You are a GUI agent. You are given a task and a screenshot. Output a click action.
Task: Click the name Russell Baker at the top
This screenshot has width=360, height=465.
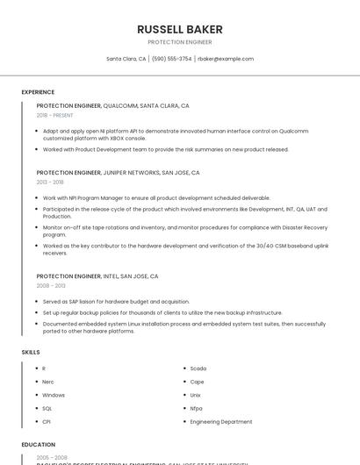179,30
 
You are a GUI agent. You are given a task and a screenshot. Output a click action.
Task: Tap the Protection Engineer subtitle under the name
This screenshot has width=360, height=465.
179,42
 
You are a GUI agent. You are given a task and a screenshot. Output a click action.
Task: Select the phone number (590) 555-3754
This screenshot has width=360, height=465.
171,59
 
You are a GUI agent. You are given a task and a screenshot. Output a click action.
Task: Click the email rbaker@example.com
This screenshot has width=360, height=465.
226,59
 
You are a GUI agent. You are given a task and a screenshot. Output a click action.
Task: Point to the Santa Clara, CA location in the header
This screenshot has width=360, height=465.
126,59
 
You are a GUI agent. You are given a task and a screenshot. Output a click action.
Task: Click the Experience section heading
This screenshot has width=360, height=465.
38,92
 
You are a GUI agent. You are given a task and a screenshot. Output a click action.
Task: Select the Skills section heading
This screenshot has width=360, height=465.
31,352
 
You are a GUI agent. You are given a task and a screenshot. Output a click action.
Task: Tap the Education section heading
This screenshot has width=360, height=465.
39,445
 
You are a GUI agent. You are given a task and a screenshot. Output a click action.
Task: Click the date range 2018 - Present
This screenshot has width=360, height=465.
54,115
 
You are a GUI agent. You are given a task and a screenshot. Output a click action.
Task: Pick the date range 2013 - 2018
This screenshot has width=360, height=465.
50,182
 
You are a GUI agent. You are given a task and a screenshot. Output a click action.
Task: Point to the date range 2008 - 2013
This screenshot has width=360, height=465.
51,285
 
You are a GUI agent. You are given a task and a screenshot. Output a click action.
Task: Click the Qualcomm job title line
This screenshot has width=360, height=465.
112,105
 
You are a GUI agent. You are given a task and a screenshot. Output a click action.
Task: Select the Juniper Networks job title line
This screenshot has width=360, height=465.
118,173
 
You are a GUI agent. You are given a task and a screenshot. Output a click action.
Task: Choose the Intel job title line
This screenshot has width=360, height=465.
97,276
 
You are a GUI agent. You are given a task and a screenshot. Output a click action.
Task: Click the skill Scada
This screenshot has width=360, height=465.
198,368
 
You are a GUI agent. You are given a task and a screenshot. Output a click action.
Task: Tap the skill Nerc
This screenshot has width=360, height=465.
49,382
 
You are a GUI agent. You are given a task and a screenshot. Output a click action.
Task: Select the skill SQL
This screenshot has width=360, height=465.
47,408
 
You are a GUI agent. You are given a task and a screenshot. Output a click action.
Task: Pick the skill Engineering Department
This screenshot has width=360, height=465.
221,421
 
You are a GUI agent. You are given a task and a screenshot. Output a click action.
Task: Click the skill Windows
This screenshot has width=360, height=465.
54,395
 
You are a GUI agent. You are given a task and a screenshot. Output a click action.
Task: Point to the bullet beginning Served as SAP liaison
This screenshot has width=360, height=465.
116,301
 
